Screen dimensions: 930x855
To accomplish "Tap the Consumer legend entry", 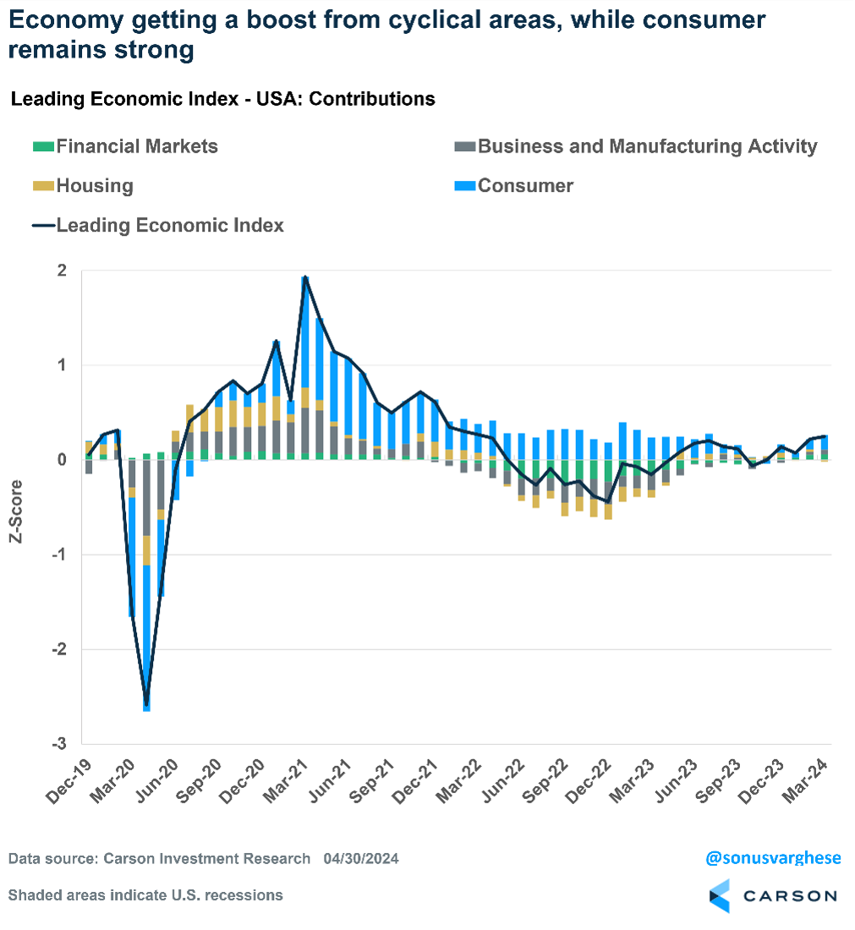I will (525, 186).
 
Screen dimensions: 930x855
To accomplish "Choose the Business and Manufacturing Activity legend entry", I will (647, 146).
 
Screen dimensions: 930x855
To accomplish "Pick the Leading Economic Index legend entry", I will (169, 225).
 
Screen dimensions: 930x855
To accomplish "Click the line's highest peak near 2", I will (305, 277).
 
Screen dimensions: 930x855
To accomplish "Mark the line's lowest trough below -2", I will (146, 705).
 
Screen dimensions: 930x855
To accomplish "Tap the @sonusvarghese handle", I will (773, 858).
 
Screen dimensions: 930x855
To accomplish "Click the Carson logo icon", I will (719, 895).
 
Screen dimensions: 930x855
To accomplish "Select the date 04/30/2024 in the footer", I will (361, 859).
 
